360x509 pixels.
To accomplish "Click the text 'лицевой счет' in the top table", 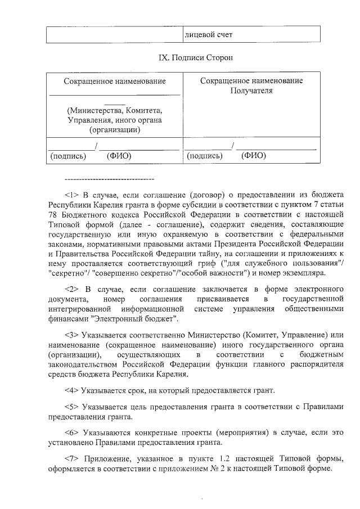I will coord(209,35).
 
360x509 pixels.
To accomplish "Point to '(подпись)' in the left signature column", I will coord(68,156).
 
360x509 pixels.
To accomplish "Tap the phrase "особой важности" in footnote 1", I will coord(215,273).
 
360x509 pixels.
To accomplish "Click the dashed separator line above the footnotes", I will coord(110,179).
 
